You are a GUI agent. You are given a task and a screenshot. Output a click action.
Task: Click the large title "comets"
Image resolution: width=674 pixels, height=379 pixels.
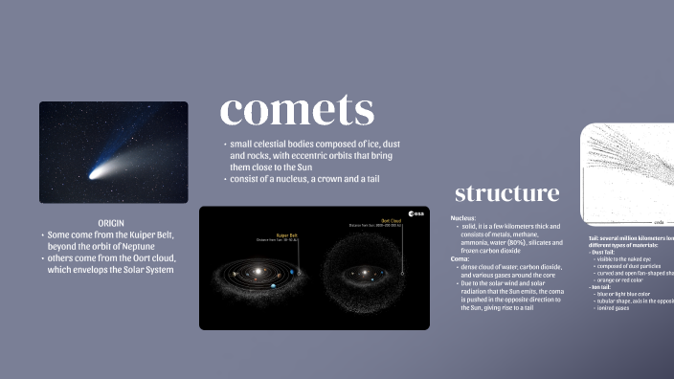(x=296, y=110)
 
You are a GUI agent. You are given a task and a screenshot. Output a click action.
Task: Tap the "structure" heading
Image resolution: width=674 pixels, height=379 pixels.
(x=506, y=192)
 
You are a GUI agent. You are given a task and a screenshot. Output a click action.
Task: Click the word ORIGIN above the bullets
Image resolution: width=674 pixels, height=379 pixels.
(x=113, y=222)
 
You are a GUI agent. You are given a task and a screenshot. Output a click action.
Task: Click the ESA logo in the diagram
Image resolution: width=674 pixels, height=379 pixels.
(x=416, y=214)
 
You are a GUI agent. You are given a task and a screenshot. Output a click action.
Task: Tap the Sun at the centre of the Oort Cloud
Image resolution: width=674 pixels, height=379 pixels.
(x=363, y=274)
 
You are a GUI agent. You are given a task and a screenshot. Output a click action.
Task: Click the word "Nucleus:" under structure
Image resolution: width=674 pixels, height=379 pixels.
(x=463, y=218)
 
